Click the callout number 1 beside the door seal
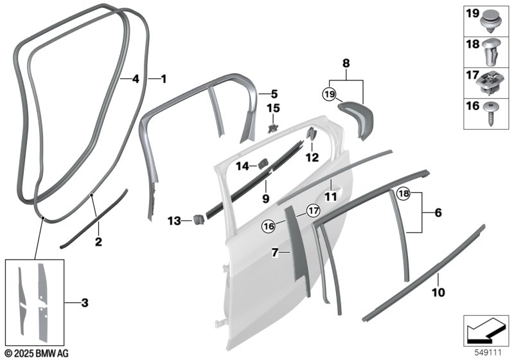tap(163, 79)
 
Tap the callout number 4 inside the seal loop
tap(135, 79)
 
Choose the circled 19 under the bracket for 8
tap(330, 95)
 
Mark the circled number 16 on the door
tap(267, 226)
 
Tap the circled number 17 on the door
tap(312, 210)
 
